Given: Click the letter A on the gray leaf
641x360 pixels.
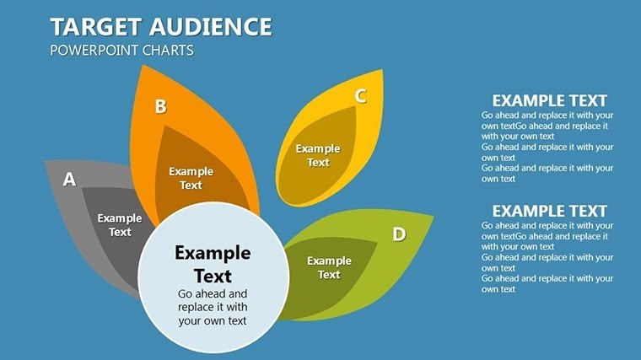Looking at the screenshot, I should tap(70, 179).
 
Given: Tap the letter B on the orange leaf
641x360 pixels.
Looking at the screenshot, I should tap(160, 106).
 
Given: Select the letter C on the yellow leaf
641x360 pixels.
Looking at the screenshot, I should tap(360, 96).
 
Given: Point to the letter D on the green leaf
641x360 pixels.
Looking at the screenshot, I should tap(399, 234).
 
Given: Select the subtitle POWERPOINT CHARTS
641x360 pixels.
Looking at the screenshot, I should tap(121, 51).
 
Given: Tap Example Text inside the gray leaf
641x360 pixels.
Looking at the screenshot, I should tap(120, 225).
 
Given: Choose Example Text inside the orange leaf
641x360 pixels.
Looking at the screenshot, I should tap(191, 178).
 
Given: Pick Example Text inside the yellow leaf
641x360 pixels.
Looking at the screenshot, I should tap(318, 155).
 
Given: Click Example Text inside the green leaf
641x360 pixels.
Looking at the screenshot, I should tap(329, 267).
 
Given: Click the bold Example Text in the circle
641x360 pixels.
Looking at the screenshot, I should tap(213, 263).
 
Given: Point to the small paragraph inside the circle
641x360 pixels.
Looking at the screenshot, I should tap(213, 307).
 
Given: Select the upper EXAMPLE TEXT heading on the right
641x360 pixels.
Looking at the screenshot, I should tap(549, 100).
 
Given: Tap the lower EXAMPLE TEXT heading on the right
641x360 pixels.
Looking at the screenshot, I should tap(549, 211).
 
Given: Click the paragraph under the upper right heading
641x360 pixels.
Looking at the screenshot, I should tap(547, 147).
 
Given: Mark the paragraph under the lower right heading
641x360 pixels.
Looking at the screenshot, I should tap(547, 257).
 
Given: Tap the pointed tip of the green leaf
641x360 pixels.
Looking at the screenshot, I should tap(434, 216).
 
